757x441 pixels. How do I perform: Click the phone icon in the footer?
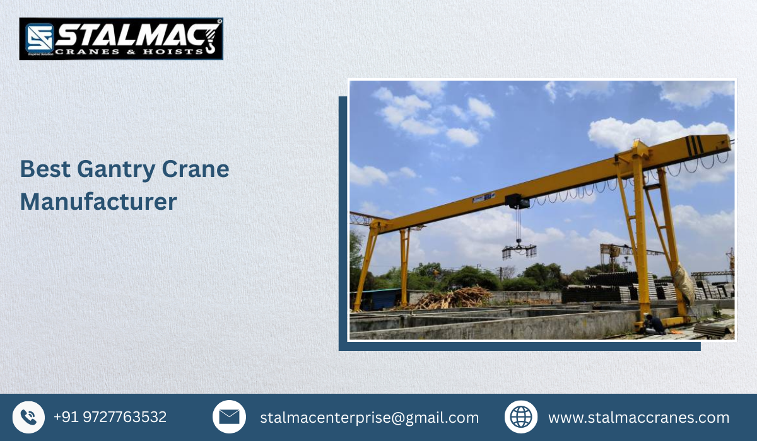[x=28, y=417]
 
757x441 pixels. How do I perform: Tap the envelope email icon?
[x=229, y=417]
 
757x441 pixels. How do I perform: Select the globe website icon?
[x=521, y=417]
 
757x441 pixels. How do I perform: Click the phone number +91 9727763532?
[x=110, y=417]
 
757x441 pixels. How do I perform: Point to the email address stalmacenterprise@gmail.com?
[x=369, y=418]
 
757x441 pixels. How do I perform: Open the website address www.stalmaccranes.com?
[x=638, y=418]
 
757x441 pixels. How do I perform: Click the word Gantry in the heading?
[x=115, y=169]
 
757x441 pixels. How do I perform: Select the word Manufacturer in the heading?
[x=98, y=202]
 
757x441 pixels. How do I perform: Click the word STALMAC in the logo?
[x=126, y=34]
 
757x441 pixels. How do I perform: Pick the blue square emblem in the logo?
[x=38, y=38]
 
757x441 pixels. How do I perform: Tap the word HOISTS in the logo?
[x=170, y=51]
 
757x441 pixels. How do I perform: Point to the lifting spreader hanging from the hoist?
[x=519, y=251]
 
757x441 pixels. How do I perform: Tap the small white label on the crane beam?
[x=484, y=200]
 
